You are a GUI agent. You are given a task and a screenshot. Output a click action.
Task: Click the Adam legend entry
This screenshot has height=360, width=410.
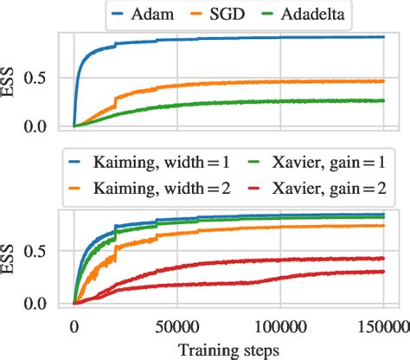point(169,13)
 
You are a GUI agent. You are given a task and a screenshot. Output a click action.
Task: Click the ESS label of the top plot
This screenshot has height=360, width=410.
point(11,82)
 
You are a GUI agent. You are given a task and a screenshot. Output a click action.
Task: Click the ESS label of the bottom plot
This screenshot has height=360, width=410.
point(11,260)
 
